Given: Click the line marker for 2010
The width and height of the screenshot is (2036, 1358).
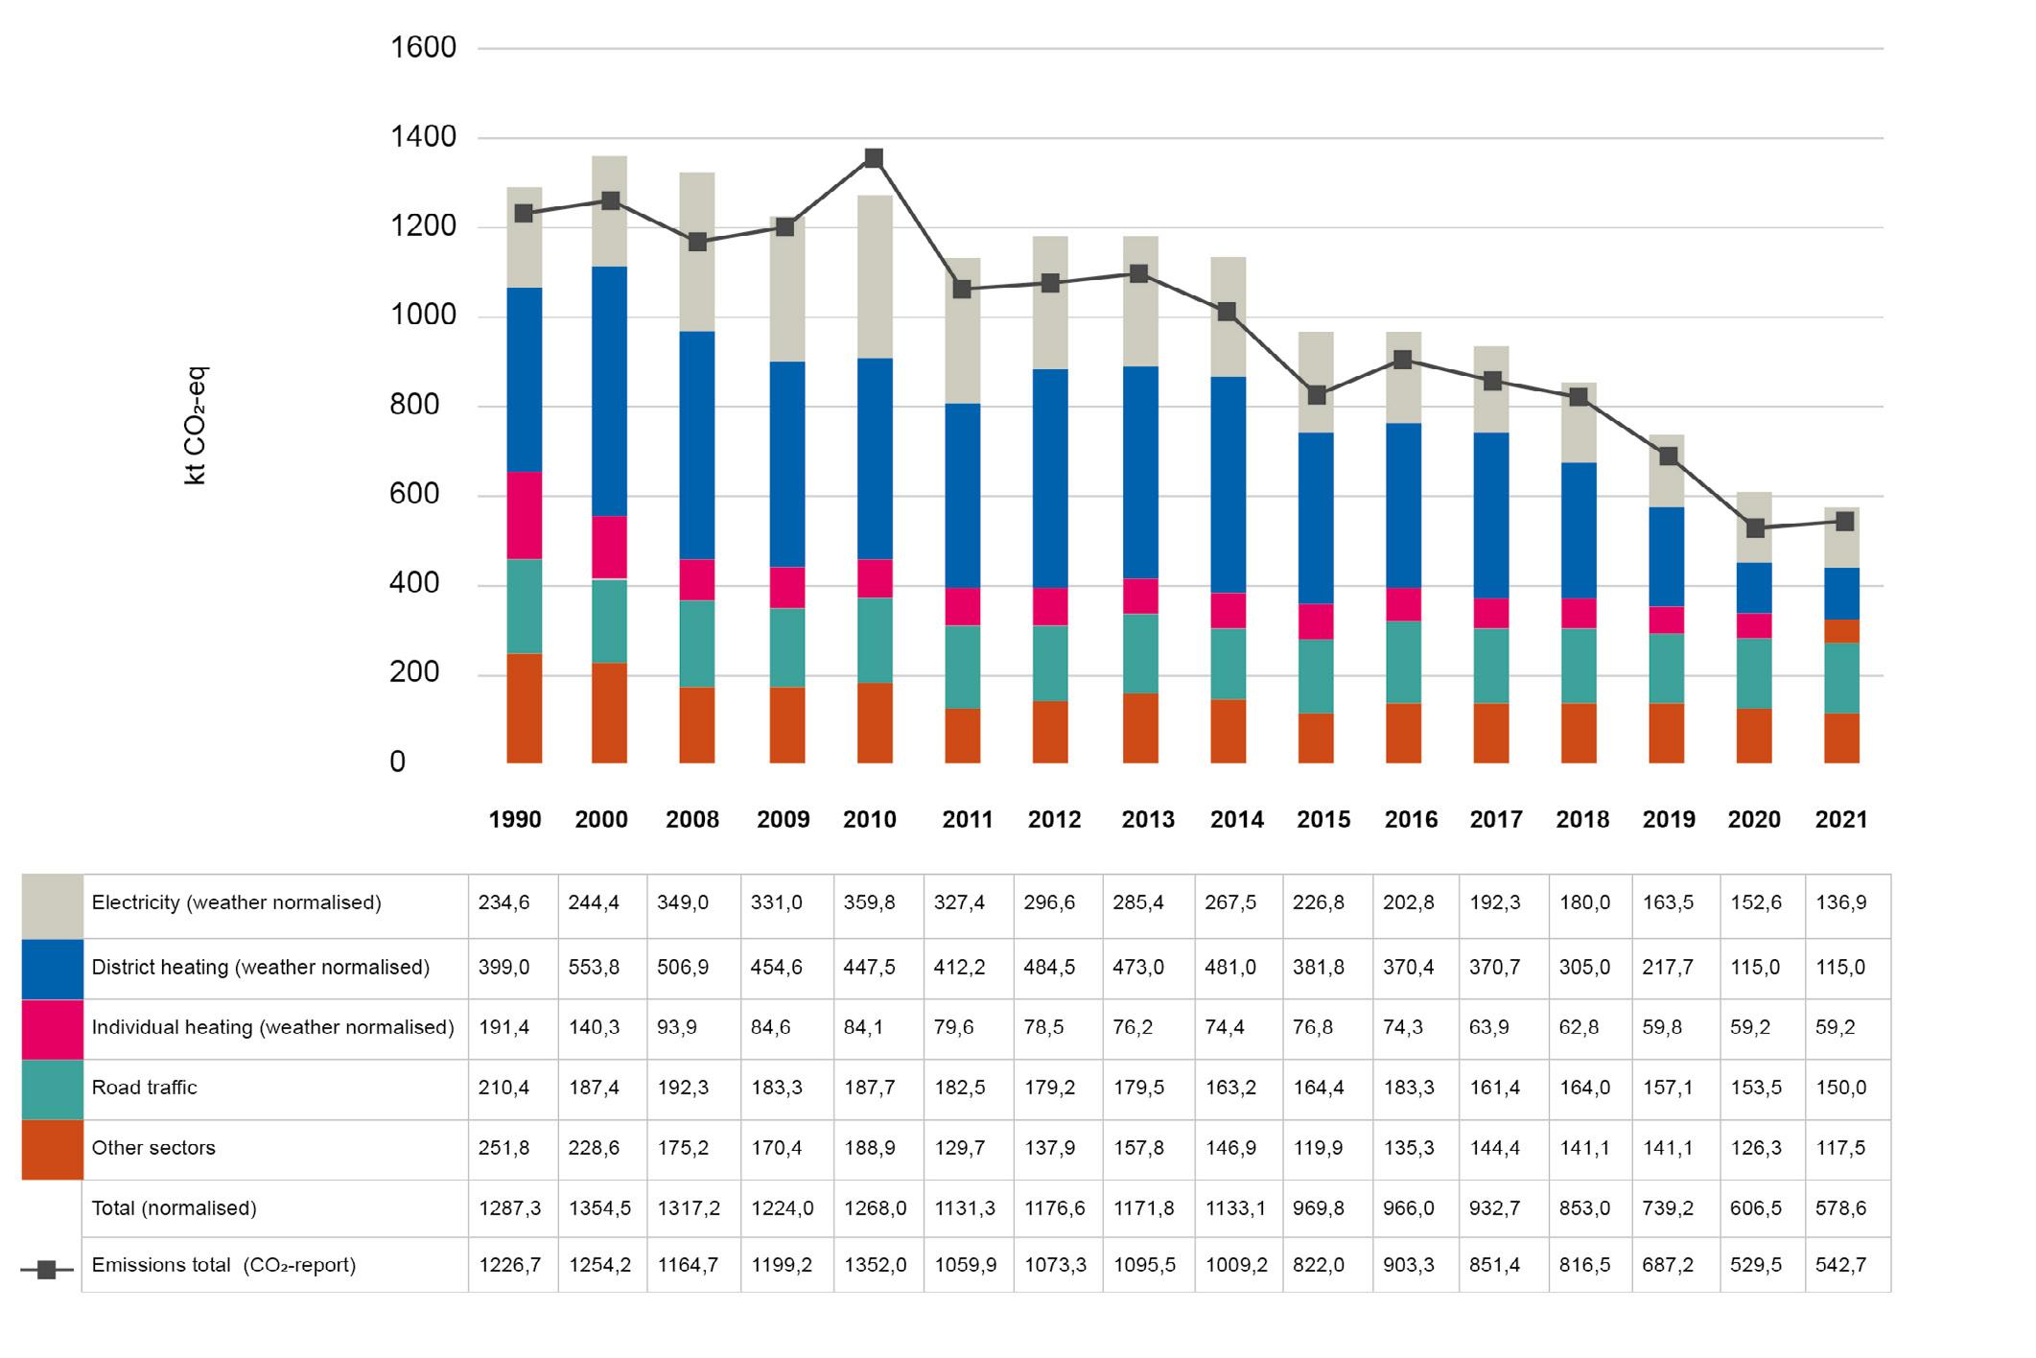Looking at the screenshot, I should (874, 158).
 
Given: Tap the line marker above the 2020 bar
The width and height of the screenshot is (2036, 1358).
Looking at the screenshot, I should (1755, 528).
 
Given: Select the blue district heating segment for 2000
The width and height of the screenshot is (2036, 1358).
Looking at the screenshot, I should (609, 391).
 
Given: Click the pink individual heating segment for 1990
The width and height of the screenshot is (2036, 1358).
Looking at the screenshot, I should (524, 515).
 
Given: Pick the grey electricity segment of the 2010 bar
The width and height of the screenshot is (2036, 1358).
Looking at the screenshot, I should (874, 276).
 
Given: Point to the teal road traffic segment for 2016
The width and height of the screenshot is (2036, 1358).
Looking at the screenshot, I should (1403, 662).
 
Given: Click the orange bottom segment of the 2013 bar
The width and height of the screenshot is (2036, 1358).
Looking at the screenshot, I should (1139, 728).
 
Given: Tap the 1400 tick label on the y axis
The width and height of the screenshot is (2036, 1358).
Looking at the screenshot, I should (423, 138).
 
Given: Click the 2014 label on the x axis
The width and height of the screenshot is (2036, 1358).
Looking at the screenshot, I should (1236, 820).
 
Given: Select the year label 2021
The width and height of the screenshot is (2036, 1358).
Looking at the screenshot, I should (1841, 820).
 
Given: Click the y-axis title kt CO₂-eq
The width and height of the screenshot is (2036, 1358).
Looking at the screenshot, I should (196, 426).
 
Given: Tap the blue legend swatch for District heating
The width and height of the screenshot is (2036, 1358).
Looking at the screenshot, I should (52, 968).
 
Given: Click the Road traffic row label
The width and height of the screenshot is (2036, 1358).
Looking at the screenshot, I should (144, 1088).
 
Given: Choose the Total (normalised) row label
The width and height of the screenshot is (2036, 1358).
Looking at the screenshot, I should (174, 1208).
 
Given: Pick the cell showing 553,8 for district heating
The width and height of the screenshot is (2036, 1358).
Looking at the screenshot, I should (594, 968).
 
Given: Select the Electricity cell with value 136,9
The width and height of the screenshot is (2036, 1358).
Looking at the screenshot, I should (1840, 903).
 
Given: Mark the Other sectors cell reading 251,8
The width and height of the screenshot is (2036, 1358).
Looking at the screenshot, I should (503, 1148).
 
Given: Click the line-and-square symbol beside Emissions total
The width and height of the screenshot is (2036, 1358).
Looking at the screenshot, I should (46, 1270).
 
